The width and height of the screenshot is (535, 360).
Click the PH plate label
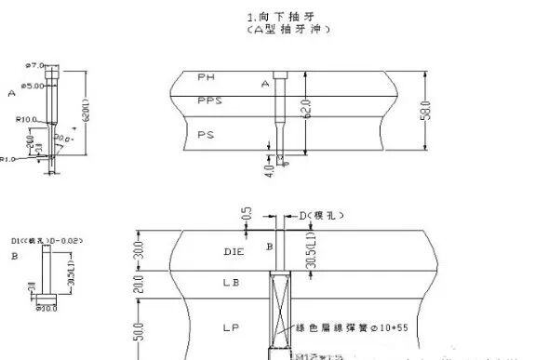click(x=207, y=74)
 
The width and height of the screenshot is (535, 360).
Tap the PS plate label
click(x=206, y=134)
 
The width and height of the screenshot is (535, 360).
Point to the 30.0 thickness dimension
click(x=138, y=252)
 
